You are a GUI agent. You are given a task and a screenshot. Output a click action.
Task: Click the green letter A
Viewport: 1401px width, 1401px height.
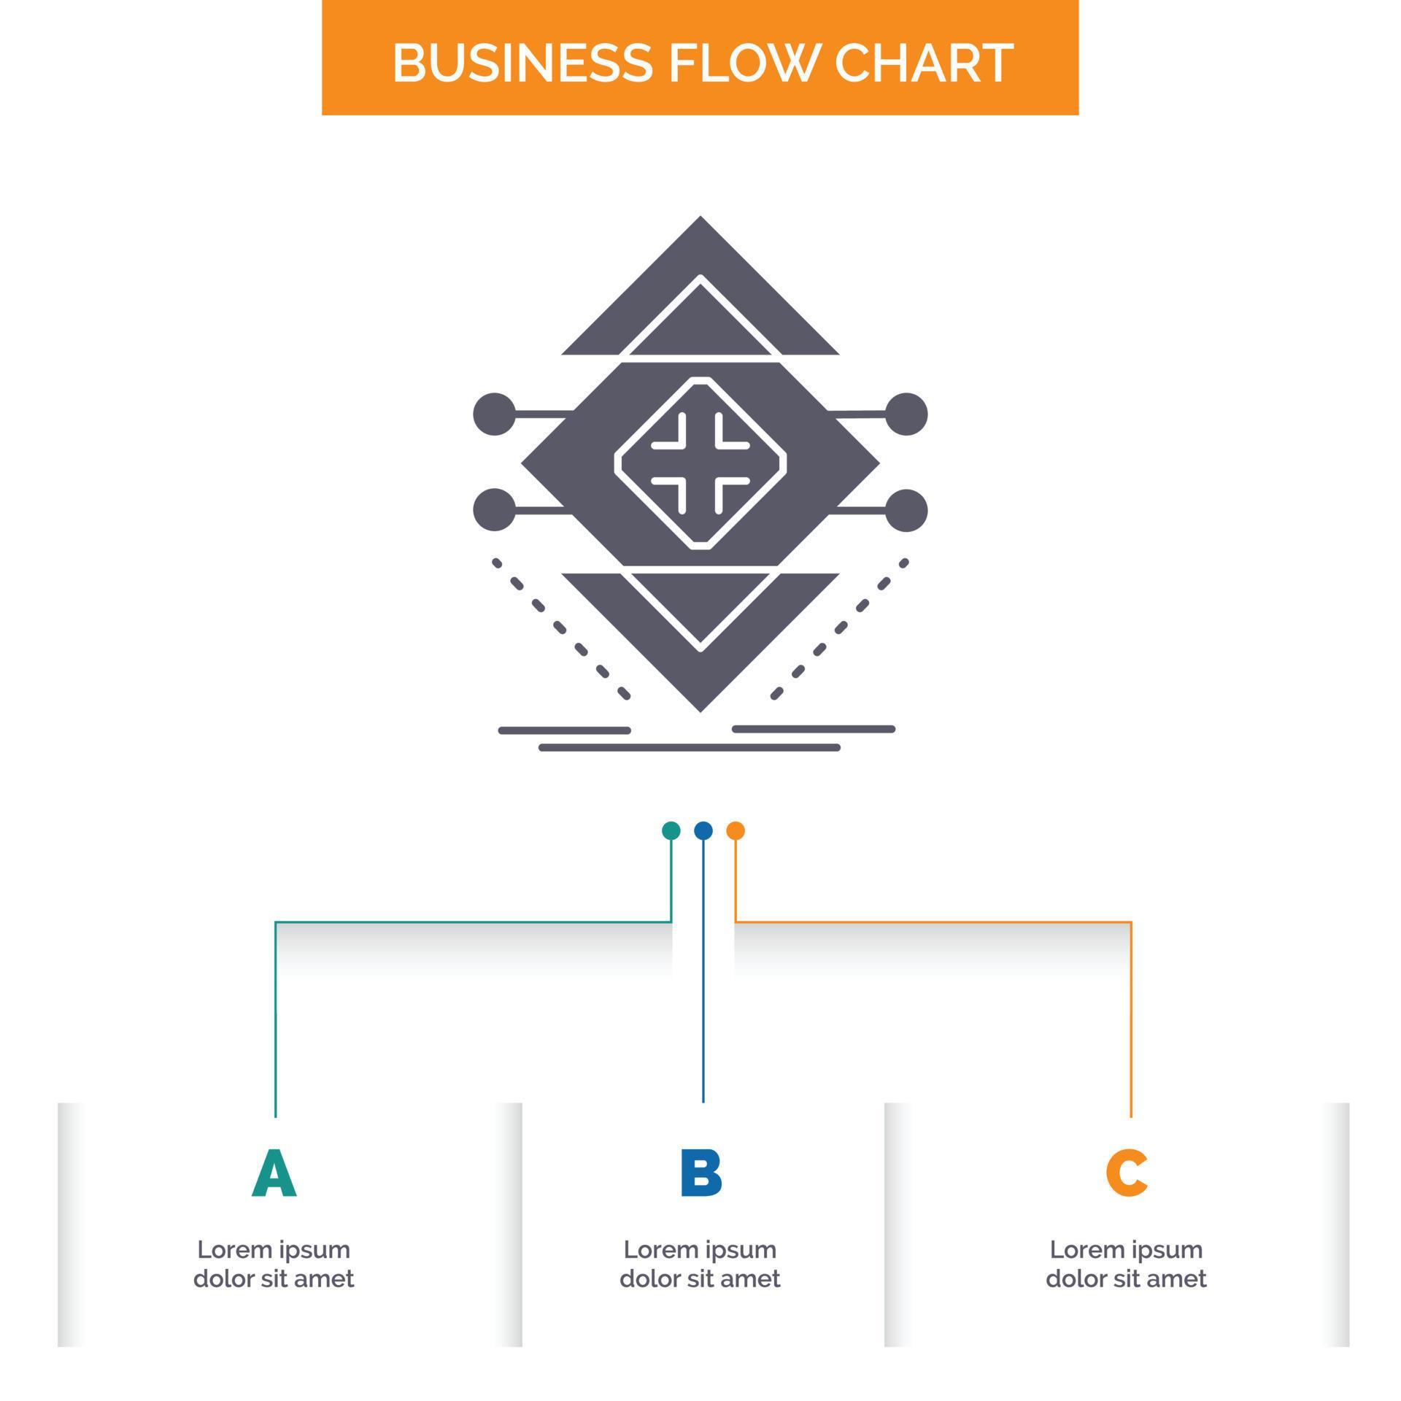pos(274,1173)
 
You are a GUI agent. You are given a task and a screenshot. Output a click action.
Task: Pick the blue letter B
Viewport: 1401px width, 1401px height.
pos(700,1173)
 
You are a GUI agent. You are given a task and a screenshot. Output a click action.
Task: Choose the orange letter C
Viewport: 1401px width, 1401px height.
pos(1127,1173)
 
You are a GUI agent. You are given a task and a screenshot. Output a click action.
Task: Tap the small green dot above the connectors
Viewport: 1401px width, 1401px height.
pos(671,830)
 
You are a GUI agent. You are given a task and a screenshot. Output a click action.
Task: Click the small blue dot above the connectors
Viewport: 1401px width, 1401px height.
pos(703,830)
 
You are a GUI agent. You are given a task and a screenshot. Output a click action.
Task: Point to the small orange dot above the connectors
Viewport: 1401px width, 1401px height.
pos(736,830)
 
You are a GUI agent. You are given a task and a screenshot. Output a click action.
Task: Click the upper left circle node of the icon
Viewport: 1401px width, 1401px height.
pos(495,414)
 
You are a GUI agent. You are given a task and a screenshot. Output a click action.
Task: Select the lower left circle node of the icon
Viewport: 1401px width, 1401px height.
pos(495,509)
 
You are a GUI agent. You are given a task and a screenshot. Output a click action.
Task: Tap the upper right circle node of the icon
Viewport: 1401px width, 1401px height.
pos(906,414)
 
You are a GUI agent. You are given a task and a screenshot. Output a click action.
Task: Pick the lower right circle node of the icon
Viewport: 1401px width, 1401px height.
pos(906,509)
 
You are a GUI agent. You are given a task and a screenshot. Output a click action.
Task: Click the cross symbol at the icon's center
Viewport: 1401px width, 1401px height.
pos(700,463)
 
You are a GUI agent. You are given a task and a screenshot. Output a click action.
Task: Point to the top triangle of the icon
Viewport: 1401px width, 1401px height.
pos(700,292)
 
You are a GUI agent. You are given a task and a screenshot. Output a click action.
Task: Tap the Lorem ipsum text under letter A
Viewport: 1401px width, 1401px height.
pos(274,1264)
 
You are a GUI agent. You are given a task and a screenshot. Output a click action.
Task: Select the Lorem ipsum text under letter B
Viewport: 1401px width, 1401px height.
pos(700,1264)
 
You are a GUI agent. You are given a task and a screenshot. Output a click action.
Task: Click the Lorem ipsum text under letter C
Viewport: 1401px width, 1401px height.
pos(1126,1264)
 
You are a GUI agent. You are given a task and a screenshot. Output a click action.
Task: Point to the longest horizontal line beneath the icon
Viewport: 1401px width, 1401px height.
pos(690,747)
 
